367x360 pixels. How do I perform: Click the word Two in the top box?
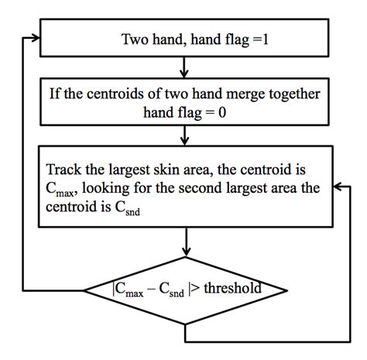tap(135, 39)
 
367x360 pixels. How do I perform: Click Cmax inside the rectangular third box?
tap(60, 190)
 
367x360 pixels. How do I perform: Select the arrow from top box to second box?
tap(186, 64)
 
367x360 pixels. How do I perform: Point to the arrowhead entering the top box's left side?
tap(36, 37)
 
